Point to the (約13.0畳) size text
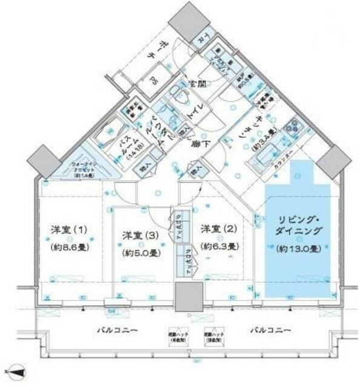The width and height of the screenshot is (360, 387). tap(298, 249)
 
